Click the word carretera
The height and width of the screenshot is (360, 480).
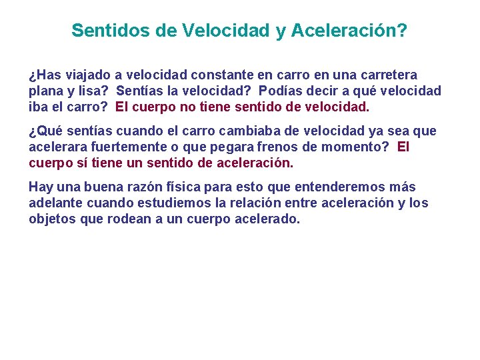click(388, 75)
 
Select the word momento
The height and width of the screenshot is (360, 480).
click(365, 147)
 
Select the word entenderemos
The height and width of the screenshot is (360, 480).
click(344, 188)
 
